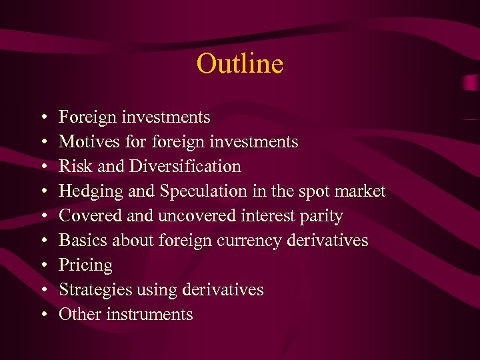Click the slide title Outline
(239, 64)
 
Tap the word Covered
(86, 216)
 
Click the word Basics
(79, 241)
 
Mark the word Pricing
(85, 265)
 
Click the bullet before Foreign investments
(43, 118)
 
